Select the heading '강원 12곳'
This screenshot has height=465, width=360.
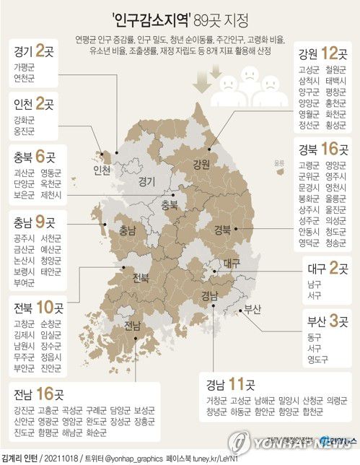click(319, 54)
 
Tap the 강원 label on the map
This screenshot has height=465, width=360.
click(200, 163)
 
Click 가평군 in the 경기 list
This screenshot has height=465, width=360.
click(25, 66)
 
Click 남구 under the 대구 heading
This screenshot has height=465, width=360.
click(314, 284)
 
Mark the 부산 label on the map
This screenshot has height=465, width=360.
click(252, 309)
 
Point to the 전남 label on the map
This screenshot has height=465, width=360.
click(132, 326)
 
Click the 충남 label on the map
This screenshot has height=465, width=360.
click(127, 231)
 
